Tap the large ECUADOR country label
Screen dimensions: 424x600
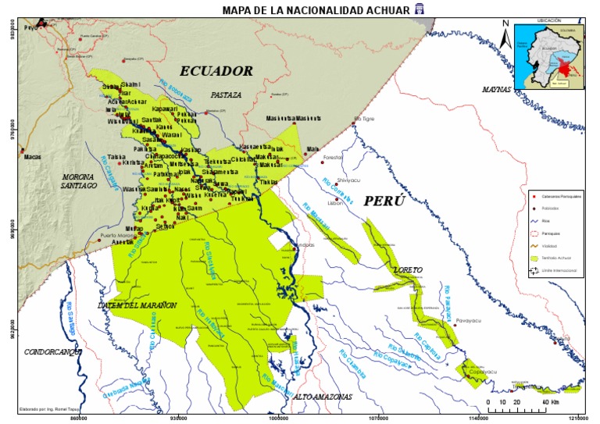(x=216, y=70)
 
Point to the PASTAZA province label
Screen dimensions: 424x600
(x=226, y=94)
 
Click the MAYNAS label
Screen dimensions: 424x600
(x=495, y=90)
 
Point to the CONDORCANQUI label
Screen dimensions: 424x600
(x=53, y=351)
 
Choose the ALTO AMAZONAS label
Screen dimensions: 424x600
(x=322, y=397)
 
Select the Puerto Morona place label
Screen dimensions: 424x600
(x=117, y=235)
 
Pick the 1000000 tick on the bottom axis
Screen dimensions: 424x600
(x=279, y=418)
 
